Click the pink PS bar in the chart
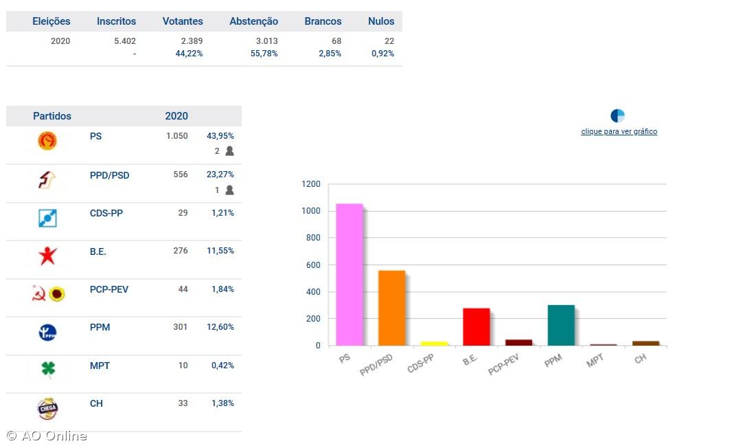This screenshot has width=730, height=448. click(x=349, y=275)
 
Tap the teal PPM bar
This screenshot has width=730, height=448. click(x=561, y=325)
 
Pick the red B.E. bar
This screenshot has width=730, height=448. click(x=476, y=326)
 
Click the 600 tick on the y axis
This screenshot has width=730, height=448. click(x=313, y=265)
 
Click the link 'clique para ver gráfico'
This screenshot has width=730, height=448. click(x=619, y=131)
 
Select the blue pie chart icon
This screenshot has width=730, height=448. click(x=617, y=115)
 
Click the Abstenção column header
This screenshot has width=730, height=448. click(x=253, y=21)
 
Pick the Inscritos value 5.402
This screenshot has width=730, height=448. click(x=124, y=41)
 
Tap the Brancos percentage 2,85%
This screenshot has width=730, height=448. click(x=330, y=54)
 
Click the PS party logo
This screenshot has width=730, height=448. click(x=47, y=141)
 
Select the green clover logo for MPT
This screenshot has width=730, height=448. click(x=47, y=370)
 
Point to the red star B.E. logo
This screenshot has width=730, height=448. click(x=47, y=256)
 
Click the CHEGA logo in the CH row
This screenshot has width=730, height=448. click(x=47, y=408)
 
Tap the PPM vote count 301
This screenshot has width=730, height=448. click(x=180, y=327)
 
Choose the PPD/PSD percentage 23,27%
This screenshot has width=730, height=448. click(x=220, y=175)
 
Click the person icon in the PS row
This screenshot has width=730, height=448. click(x=229, y=151)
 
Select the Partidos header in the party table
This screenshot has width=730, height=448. click(x=52, y=116)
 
